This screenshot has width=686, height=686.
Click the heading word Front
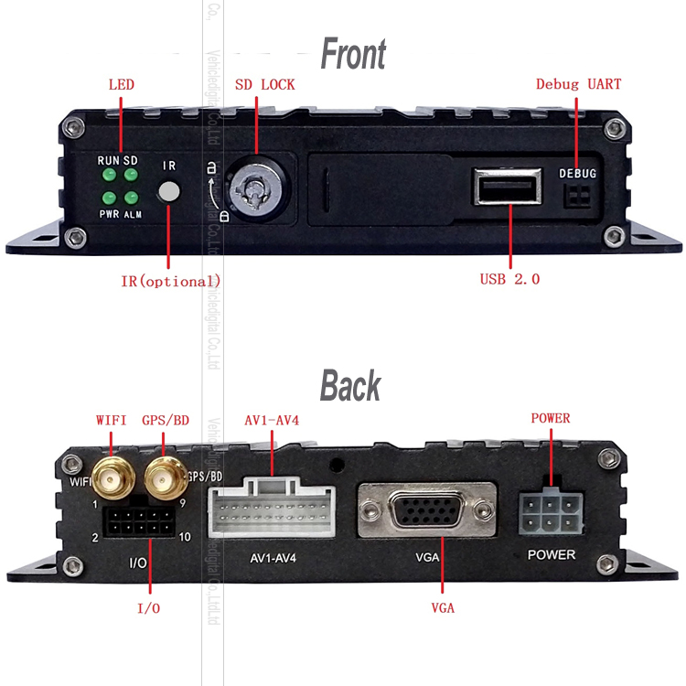353,54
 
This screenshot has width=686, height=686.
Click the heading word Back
350,386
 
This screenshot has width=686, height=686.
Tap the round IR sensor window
169,191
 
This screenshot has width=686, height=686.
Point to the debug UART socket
577,197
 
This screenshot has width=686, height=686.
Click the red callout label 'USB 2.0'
509,279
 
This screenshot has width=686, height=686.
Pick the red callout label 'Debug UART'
578,84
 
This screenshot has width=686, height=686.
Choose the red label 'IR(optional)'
170,280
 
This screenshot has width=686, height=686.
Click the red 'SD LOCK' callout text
264,85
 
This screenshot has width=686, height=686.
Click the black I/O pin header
140,522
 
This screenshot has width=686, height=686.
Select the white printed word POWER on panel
552,555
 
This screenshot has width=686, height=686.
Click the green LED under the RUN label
109,175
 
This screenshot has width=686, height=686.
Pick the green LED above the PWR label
109,197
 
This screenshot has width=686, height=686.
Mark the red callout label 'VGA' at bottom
442,607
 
